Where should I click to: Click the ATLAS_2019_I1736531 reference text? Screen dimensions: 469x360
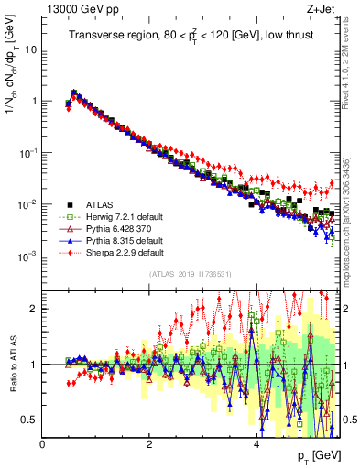point(189,274)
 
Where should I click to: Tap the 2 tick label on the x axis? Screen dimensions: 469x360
point(149,444)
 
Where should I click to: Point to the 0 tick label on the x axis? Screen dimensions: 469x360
point(43,444)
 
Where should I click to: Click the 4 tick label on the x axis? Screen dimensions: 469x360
point(256,444)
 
